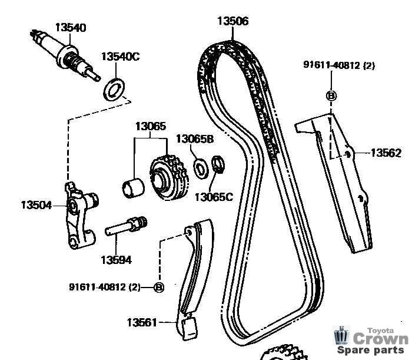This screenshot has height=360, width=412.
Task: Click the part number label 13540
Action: coord(71,27)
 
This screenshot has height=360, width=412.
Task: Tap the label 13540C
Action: coord(120,57)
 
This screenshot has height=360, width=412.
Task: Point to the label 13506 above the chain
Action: coord(232,22)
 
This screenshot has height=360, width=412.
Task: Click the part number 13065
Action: coord(151,126)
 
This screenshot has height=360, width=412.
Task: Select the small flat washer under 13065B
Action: coord(200,169)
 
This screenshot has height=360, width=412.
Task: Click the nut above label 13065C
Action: coord(218,165)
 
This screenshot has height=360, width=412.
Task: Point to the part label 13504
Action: coord(36,205)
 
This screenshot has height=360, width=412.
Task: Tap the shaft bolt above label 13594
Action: coord(127,227)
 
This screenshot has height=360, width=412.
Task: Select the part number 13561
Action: coord(142,322)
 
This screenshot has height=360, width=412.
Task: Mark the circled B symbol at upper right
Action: coord(331,95)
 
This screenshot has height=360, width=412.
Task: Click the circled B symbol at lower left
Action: coord(158,287)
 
